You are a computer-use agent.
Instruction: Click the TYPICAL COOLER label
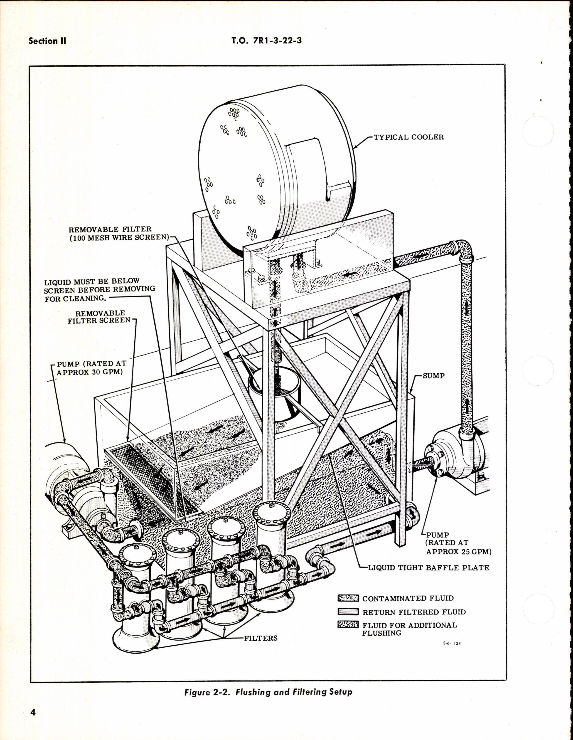coord(408,137)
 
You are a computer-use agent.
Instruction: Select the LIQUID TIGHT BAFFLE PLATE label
coord(429,567)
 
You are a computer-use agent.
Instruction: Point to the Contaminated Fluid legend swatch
coord(348,598)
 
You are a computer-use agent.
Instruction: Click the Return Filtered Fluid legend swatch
coord(348,612)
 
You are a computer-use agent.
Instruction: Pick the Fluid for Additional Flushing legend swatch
coord(348,625)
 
